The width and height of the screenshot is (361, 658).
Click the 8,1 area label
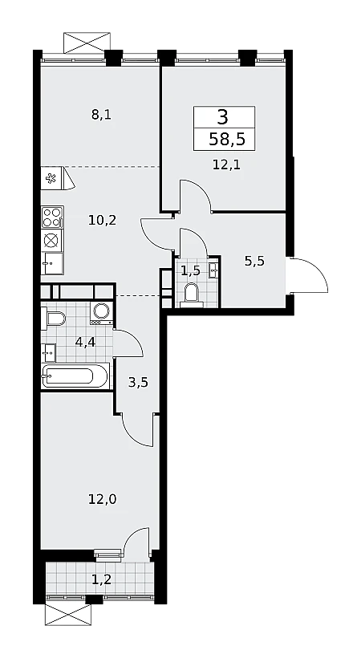pos(101,115)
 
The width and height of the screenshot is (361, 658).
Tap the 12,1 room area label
pos(226,164)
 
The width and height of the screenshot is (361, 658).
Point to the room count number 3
pos(223,116)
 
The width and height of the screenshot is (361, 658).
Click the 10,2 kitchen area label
pos(102,220)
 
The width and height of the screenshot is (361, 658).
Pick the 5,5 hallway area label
pos(255,261)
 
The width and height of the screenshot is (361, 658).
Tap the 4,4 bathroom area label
pos(86,342)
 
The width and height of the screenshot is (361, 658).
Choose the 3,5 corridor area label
pos(138,382)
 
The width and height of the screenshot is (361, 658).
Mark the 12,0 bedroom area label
pos(102,499)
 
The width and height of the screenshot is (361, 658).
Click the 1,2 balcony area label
pos(102,579)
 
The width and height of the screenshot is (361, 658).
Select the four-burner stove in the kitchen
pos(52,217)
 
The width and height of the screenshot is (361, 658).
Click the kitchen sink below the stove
pos(52,263)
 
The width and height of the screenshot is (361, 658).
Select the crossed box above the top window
pos(87,43)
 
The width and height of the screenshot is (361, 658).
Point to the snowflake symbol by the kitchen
pos(51,179)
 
